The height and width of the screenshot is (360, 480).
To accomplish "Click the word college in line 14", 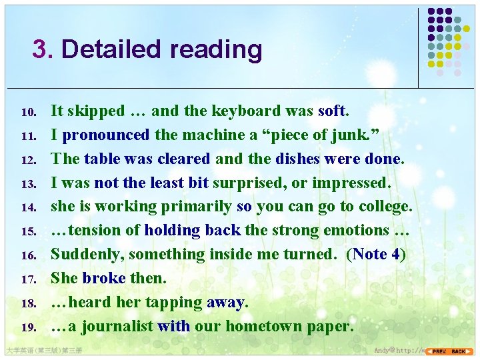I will pyautogui.click(x=383, y=207).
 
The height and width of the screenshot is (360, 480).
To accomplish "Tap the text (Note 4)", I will pyautogui.click(x=375, y=255).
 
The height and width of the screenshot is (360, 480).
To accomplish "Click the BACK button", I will pyautogui.click(x=459, y=351).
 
